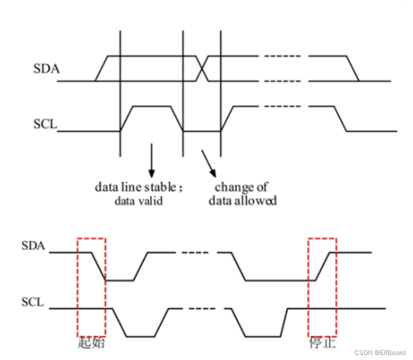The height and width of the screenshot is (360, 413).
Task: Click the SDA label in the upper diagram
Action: [47, 69]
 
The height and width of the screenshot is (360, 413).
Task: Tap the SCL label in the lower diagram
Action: [33, 302]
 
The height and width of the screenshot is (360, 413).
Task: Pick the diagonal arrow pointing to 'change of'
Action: [209, 163]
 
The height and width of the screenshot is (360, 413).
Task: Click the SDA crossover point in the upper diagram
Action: [202, 68]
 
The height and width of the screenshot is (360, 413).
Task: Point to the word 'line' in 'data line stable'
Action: [129, 187]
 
